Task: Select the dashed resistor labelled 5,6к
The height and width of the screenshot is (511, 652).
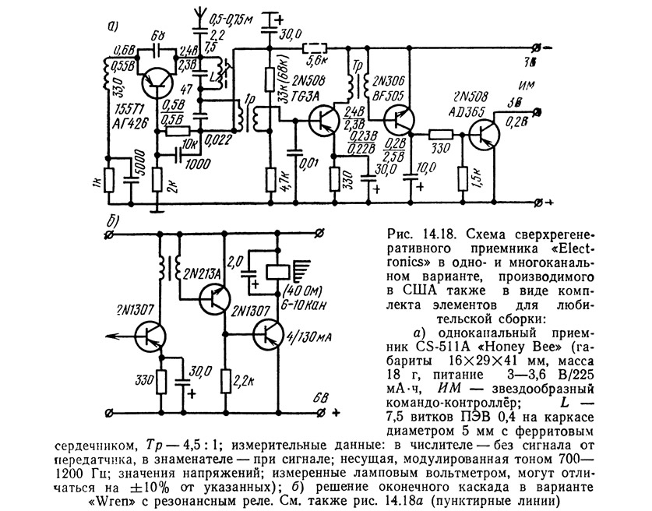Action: (316, 48)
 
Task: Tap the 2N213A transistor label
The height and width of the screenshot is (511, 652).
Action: (205, 273)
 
